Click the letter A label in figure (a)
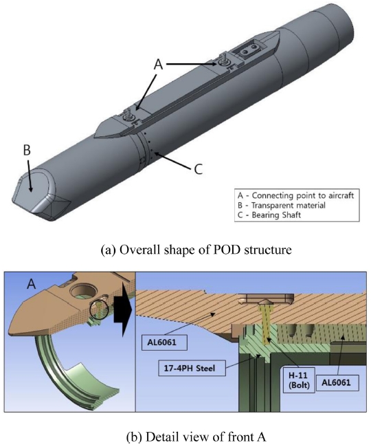point(158,64)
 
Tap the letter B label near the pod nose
point(27,150)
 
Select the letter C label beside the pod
point(198,168)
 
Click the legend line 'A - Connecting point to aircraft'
point(295,195)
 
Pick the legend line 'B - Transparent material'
point(281,205)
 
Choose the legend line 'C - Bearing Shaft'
point(269,215)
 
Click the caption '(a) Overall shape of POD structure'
point(196,250)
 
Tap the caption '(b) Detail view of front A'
point(196,437)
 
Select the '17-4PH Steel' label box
point(190,368)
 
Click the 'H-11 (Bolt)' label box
point(298,380)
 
